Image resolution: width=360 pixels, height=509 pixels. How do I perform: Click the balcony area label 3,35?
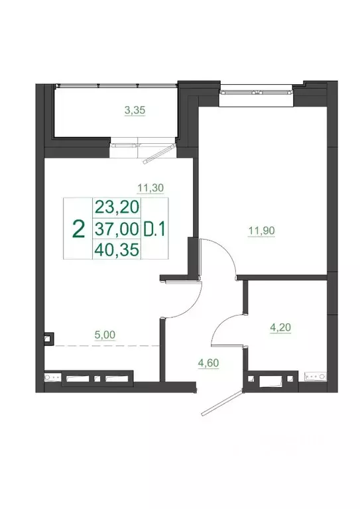tap(135, 111)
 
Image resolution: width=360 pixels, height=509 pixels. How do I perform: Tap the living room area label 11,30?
tap(150, 188)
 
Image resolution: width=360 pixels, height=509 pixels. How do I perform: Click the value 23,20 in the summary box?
tap(117, 207)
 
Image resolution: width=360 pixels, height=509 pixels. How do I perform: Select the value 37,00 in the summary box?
tap(117, 229)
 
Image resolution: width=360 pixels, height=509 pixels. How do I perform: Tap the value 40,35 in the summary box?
tap(117, 251)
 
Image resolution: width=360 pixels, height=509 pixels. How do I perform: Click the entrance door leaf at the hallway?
tap(221, 405)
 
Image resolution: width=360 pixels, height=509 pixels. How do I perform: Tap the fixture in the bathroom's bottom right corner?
tap(315, 378)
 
